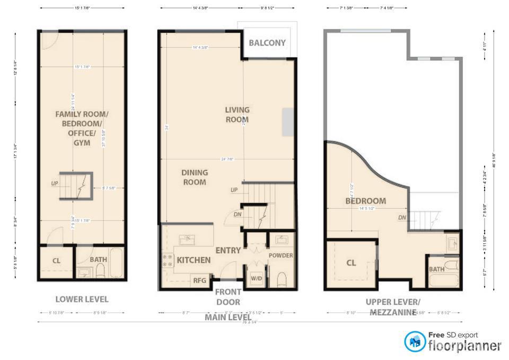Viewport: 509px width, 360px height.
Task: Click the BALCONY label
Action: (x=267, y=43)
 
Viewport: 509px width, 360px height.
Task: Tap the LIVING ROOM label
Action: (x=237, y=115)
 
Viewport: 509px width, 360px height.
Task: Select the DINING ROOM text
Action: (x=194, y=177)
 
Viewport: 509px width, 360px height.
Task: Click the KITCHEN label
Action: (x=194, y=260)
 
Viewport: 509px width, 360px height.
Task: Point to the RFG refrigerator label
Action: (x=199, y=280)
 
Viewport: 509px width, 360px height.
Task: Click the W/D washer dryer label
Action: (x=256, y=277)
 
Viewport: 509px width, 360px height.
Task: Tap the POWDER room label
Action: (x=281, y=256)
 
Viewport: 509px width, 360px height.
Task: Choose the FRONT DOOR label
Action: (x=229, y=297)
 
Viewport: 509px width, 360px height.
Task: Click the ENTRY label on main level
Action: (x=228, y=250)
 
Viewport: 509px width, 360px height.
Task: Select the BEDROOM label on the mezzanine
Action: (x=366, y=201)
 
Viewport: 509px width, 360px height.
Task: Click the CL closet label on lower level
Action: (x=56, y=260)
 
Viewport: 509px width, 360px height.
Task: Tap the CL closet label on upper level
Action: (x=351, y=262)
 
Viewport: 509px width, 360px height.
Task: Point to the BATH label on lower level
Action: (x=98, y=259)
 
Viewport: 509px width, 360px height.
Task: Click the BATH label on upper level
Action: (x=437, y=269)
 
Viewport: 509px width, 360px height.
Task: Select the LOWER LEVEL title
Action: (x=82, y=299)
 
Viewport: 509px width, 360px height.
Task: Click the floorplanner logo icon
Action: (x=415, y=341)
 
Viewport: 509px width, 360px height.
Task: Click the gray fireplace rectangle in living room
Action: (x=288, y=122)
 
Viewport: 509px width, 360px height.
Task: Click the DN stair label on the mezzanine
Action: (x=401, y=217)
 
